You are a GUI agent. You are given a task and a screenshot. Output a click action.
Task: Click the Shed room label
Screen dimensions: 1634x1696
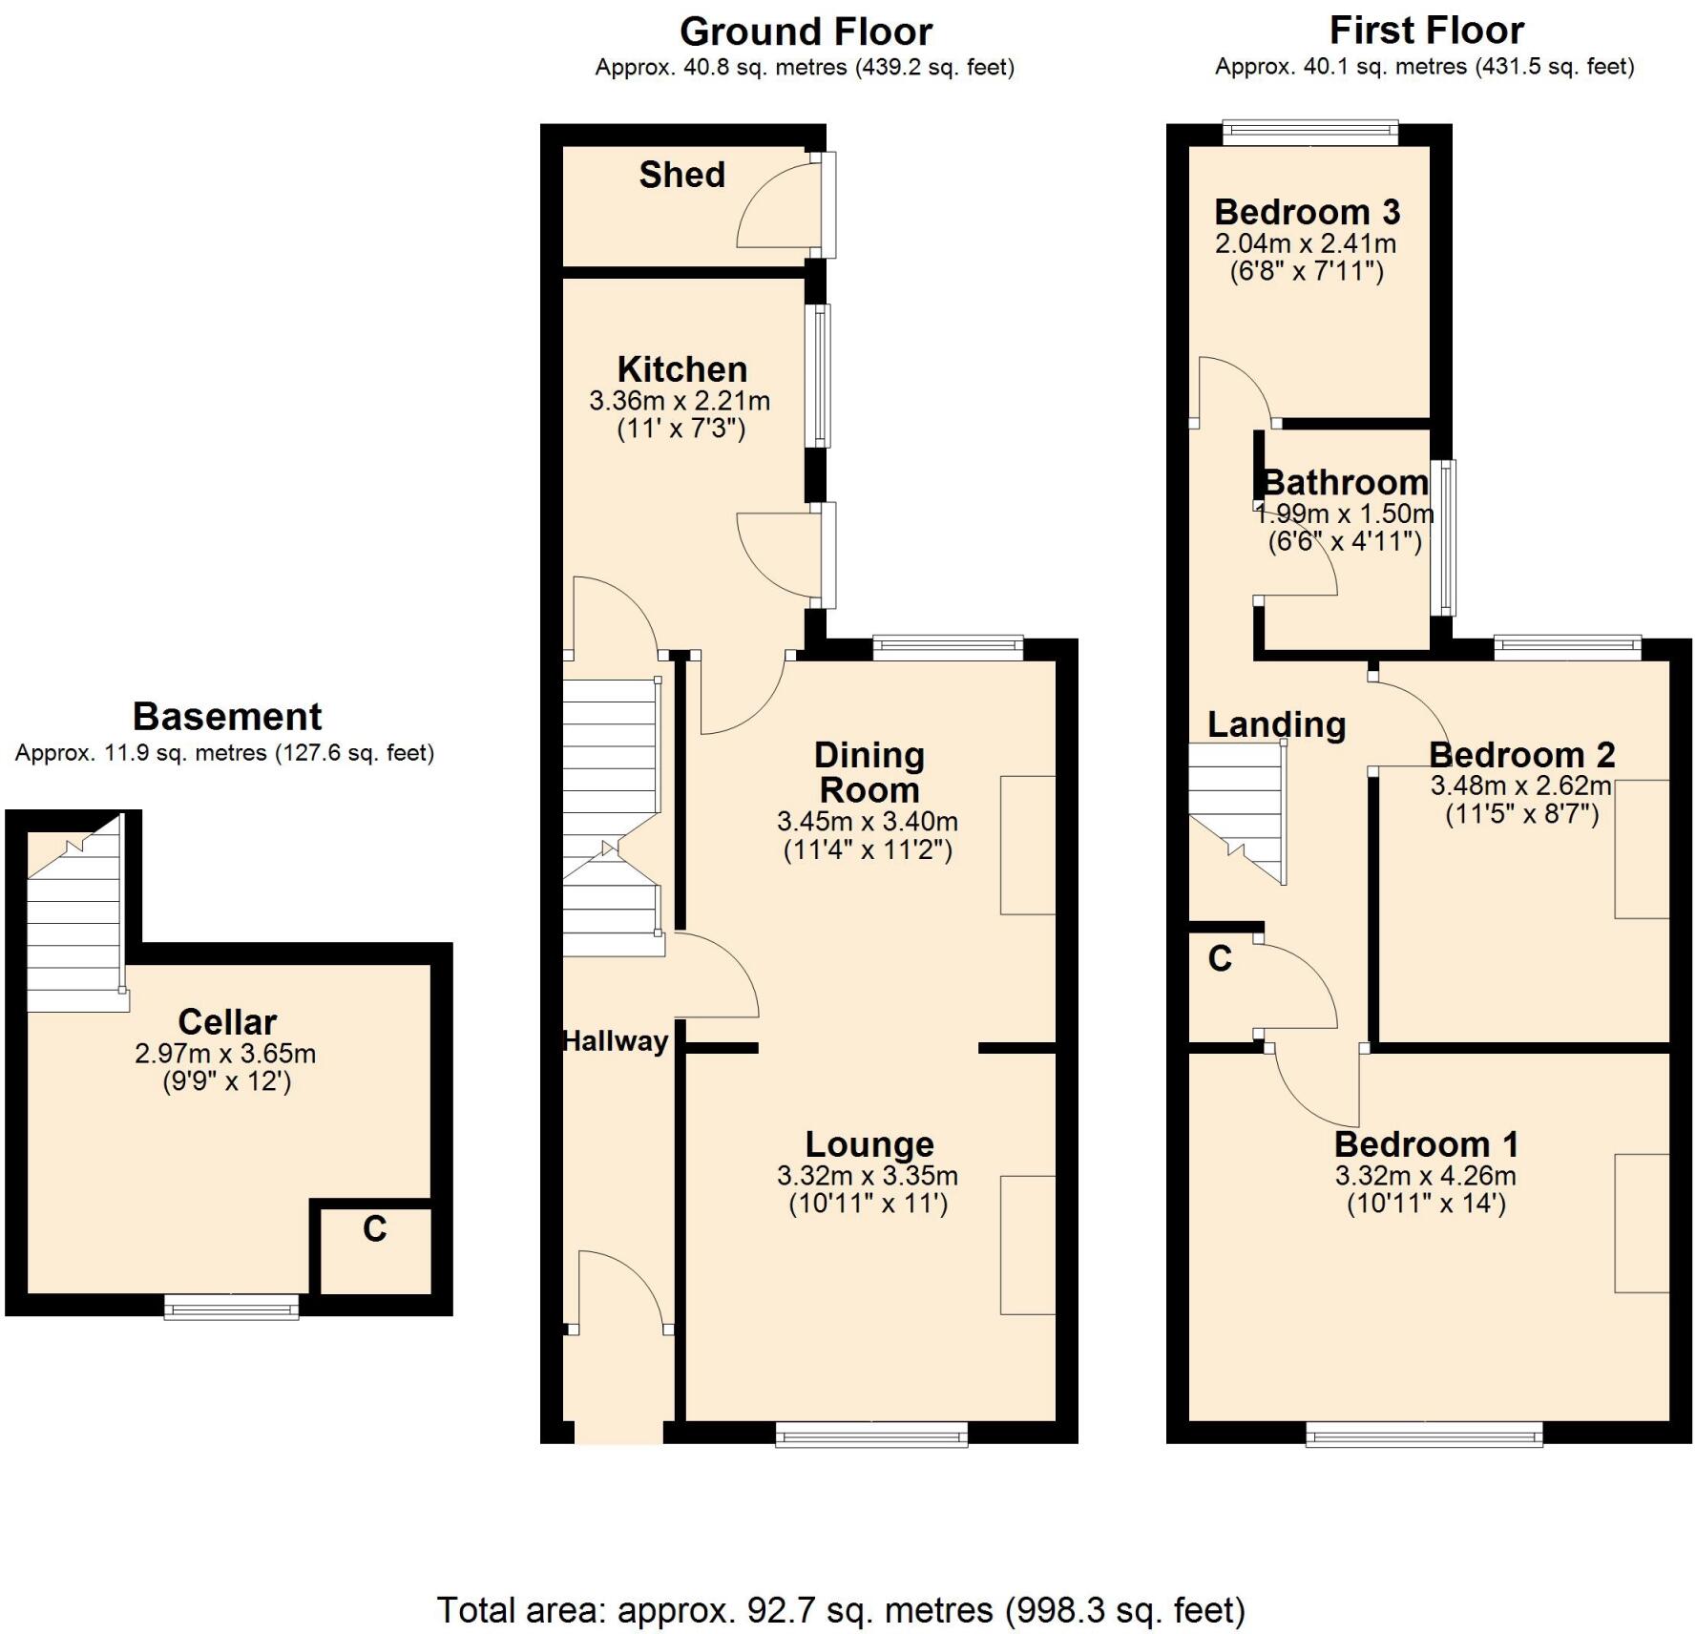pyautogui.click(x=681, y=175)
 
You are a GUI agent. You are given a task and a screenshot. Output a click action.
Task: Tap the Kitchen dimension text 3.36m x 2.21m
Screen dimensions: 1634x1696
pyautogui.click(x=680, y=401)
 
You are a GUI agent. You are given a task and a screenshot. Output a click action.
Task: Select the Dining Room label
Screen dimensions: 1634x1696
pyautogui.click(x=869, y=772)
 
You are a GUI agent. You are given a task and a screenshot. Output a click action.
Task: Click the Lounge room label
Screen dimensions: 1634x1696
pyautogui.click(x=869, y=1143)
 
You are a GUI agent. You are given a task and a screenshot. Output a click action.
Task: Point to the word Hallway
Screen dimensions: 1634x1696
pyautogui.click(x=615, y=1040)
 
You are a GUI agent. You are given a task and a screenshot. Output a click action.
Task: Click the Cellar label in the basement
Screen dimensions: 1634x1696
pyautogui.click(x=227, y=1021)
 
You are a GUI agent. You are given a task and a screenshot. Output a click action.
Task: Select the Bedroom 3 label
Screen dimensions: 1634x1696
pyautogui.click(x=1307, y=211)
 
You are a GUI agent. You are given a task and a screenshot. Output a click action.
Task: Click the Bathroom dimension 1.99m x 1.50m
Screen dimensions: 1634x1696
pyautogui.click(x=1344, y=513)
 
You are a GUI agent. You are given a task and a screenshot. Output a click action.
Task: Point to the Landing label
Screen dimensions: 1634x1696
pyautogui.click(x=1276, y=724)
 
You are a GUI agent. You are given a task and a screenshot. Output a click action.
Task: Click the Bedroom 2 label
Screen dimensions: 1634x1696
pyautogui.click(x=1521, y=755)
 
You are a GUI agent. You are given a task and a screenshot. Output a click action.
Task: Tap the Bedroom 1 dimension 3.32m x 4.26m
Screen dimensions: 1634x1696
pyautogui.click(x=1426, y=1176)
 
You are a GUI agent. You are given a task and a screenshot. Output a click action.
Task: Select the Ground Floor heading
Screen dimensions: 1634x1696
pyautogui.click(x=805, y=32)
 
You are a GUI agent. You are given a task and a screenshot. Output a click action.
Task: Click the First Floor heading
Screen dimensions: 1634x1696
pyautogui.click(x=1426, y=31)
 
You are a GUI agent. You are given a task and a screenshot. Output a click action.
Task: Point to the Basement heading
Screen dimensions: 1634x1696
pyautogui.click(x=227, y=716)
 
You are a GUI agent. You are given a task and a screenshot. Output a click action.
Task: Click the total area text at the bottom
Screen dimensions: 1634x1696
pyautogui.click(x=841, y=1610)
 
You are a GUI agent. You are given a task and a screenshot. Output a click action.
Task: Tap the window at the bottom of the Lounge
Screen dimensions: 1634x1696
pyautogui.click(x=870, y=1434)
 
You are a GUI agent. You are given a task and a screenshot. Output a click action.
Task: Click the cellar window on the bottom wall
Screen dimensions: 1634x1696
pyautogui.click(x=231, y=1307)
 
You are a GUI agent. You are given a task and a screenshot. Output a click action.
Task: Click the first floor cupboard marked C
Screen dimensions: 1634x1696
pyautogui.click(x=1221, y=958)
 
